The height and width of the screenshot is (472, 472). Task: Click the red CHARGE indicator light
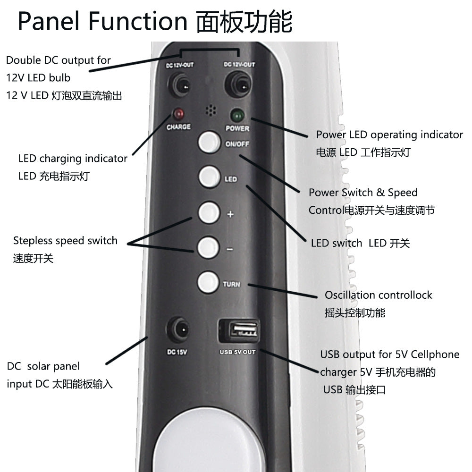point(178,114)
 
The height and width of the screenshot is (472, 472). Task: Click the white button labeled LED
point(209,177)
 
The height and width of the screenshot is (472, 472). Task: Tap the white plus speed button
point(209,212)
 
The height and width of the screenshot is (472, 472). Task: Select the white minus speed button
point(208,247)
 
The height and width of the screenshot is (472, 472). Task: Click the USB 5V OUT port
point(239,330)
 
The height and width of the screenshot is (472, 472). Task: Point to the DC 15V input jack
point(178,330)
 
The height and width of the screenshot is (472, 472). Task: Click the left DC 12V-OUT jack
point(179,85)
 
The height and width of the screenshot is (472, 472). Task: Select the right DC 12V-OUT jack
point(238,84)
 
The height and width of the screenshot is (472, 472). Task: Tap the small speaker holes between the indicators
point(211,110)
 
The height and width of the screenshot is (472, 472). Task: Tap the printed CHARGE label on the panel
point(178,126)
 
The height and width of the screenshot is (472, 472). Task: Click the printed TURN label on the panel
point(231,284)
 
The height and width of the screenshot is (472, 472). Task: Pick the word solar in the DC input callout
point(38,366)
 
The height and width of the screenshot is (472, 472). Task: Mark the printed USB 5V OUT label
point(237,352)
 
